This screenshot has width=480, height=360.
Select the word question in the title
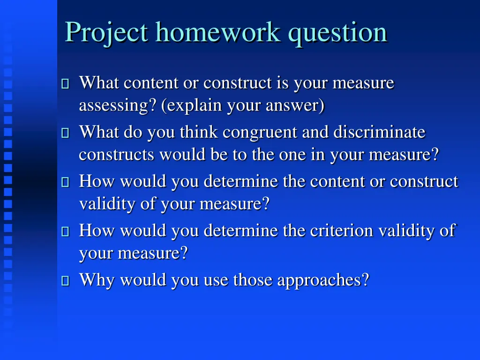(337, 33)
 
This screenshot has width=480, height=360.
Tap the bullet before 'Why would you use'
(65, 281)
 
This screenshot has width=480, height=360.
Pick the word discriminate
(379, 133)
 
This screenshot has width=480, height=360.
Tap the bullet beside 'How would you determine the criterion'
(65, 232)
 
